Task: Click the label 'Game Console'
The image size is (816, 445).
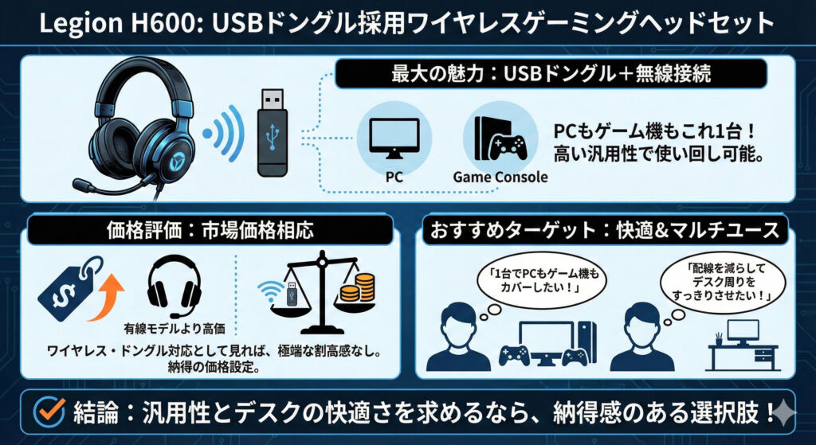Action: pos(500,176)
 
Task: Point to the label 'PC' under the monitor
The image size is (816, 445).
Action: pos(394,176)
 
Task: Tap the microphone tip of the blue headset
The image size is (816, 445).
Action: pos(82,185)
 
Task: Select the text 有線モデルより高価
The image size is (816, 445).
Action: pos(175,326)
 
